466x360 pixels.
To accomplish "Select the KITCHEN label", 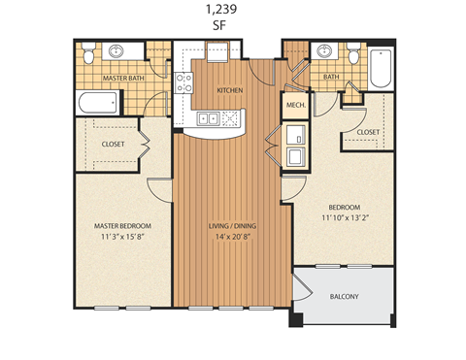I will [229, 90].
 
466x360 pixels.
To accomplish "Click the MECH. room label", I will [296, 104].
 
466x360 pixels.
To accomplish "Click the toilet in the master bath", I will [88, 53].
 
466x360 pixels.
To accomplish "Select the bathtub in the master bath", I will [97, 102].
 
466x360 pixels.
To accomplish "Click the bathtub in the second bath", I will [378, 64].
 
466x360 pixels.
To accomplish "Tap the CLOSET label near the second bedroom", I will [367, 131].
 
